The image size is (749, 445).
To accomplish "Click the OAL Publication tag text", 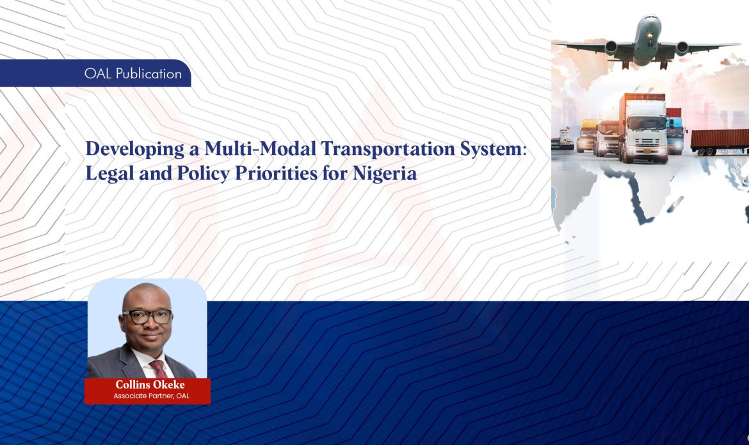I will (x=133, y=74).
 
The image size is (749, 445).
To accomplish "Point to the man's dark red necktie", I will (x=157, y=369).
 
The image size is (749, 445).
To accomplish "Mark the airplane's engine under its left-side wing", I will (x=611, y=47).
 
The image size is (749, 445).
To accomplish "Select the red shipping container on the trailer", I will (x=719, y=139).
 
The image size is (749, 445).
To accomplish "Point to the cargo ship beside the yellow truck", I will (x=566, y=137).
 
